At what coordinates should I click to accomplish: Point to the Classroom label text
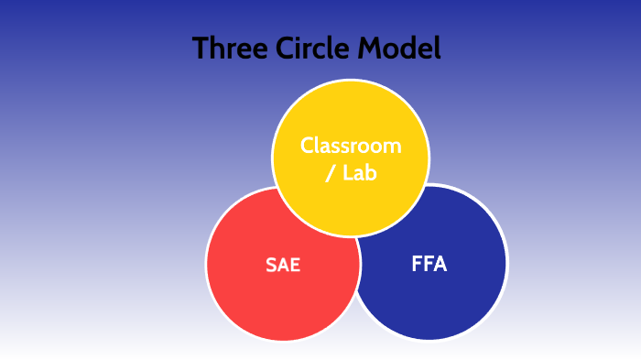point(351,146)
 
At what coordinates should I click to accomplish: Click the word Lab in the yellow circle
point(360,174)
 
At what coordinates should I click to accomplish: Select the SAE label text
point(283,267)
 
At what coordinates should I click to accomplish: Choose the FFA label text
point(429,266)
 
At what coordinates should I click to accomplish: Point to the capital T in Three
point(201,49)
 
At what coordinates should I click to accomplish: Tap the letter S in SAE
point(271,267)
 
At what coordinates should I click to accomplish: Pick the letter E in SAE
point(295,267)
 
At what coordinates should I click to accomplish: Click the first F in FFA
point(417,266)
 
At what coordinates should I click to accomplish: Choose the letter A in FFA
point(440,266)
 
